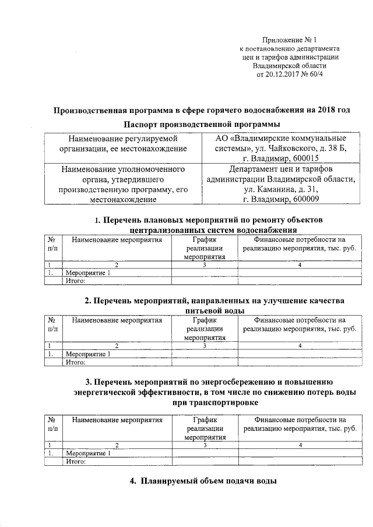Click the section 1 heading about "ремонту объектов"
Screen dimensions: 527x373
point(209,224)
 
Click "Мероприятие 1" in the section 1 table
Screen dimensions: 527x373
point(89,273)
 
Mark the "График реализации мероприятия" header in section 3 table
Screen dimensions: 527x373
point(205,427)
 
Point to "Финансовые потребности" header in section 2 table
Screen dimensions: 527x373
point(300,324)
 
